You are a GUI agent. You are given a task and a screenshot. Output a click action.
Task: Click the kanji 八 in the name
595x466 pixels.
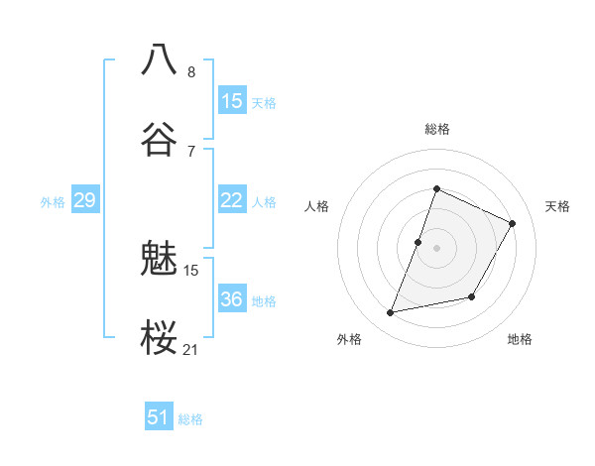point(159,58)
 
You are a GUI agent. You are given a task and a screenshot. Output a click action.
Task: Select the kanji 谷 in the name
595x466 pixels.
point(159,138)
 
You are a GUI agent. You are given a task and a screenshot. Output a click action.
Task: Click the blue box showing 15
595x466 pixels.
point(232,101)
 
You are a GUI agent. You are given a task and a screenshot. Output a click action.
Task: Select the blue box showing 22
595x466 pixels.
point(232,201)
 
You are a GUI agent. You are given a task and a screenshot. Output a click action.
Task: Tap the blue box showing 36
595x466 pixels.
point(232,299)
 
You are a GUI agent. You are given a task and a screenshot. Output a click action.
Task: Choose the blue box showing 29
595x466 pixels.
point(84,201)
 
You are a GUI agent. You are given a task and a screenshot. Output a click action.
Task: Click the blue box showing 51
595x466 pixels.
point(159,417)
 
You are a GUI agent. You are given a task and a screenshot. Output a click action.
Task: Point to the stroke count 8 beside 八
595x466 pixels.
point(191,72)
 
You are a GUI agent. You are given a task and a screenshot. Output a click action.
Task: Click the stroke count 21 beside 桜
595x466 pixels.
point(191,349)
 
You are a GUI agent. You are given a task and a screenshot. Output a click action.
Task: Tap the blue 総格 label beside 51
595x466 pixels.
point(190,419)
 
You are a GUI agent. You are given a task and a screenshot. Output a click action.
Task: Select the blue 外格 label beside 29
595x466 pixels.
point(53,202)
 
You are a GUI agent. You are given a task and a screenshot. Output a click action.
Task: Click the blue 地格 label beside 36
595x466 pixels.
point(264,301)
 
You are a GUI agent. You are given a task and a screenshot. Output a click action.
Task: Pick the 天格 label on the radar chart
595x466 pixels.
point(557,206)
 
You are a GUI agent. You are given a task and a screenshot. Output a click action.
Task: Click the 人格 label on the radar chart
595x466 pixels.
point(316,206)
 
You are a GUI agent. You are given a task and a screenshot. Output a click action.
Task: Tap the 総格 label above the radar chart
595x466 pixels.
point(436,129)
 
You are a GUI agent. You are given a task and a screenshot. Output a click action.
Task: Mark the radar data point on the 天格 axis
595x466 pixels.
point(513,223)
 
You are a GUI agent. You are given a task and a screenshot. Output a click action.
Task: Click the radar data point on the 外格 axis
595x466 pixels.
point(391,313)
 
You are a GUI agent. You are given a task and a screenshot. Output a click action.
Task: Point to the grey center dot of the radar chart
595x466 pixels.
point(436,248)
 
